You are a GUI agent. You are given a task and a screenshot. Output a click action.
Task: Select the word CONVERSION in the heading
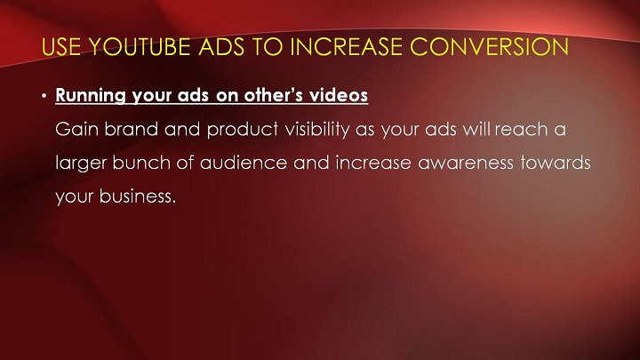click(489, 46)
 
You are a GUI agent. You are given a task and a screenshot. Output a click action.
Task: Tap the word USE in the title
click(61, 46)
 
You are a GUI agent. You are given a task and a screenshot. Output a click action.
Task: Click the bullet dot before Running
click(44, 96)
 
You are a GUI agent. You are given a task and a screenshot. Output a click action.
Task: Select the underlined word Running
click(91, 95)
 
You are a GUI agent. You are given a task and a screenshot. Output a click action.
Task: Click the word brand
click(132, 130)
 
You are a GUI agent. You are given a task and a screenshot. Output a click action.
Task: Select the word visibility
click(317, 130)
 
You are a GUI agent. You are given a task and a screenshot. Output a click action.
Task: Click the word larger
click(80, 164)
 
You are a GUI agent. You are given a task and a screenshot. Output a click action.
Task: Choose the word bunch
click(141, 163)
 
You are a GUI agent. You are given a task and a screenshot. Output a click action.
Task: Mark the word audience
click(244, 163)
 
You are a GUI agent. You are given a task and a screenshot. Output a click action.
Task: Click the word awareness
click(465, 164)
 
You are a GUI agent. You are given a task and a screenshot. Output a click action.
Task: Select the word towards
click(555, 163)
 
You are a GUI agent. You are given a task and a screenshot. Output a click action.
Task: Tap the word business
click(138, 196)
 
